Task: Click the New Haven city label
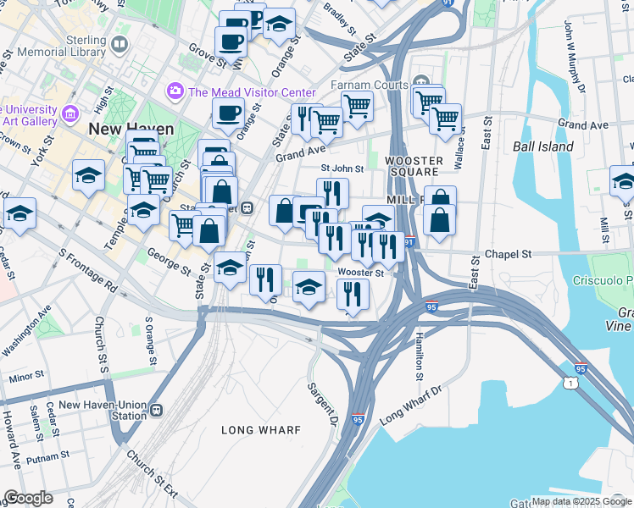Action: (x=131, y=130)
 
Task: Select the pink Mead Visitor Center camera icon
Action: (x=175, y=90)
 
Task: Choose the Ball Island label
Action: (x=542, y=146)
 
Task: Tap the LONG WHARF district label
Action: (x=261, y=430)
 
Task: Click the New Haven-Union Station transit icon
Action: (x=156, y=411)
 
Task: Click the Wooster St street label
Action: (x=360, y=273)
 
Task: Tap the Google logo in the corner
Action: (x=29, y=498)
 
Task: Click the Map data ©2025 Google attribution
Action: (x=581, y=501)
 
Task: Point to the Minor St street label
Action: (x=27, y=375)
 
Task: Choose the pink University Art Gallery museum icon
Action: (x=70, y=113)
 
